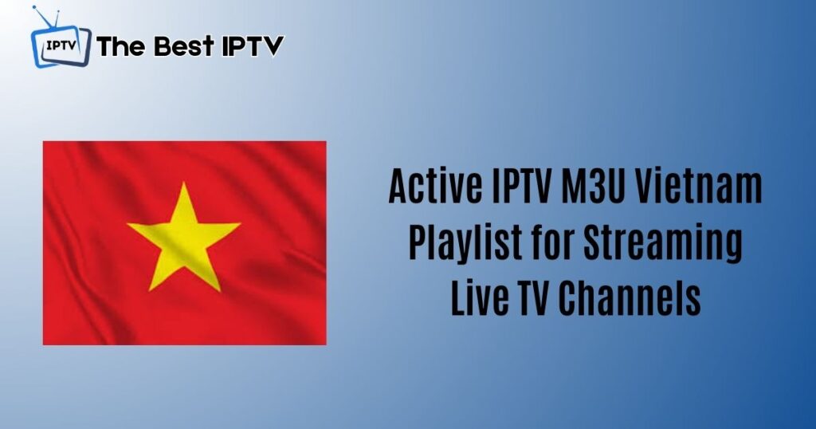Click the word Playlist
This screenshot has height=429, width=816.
point(457,242)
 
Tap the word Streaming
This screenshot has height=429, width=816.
point(663,244)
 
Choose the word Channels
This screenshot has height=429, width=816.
point(630,298)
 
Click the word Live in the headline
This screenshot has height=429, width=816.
point(479,298)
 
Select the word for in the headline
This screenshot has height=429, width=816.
point(545,242)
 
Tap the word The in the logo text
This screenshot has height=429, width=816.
point(122,45)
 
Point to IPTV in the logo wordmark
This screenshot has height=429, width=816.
point(253,45)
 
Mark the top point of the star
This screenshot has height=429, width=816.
point(184,183)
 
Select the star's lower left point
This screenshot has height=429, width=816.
point(150,290)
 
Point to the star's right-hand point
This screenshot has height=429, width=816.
point(239,224)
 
